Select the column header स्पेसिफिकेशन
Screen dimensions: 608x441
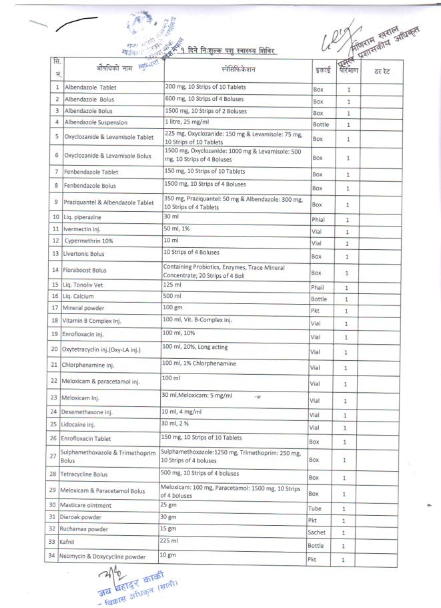[237, 69]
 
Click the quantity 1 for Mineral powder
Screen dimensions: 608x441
[348, 311]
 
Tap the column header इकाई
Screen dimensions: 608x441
[320, 69]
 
